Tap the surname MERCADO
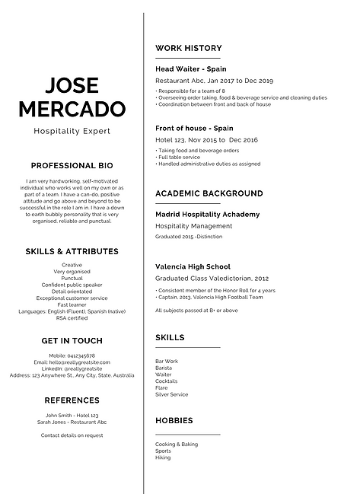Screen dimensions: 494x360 72,109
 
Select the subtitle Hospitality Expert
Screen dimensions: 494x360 72,131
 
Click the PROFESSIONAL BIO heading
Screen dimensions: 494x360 72,165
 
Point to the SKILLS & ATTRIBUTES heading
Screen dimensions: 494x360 72,251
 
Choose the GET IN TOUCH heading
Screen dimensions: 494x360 72,340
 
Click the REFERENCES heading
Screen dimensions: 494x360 72,400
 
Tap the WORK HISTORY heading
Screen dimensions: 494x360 184,48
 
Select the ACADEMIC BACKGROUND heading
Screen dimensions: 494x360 209,194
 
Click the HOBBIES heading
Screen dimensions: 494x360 174,420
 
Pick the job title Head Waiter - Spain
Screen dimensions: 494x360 190,69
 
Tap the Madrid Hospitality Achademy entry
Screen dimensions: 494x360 207,215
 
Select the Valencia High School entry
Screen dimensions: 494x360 193,267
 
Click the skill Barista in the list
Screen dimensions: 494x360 164,368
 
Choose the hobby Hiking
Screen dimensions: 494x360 163,457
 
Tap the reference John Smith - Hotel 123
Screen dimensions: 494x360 72,416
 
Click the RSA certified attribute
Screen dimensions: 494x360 72,318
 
